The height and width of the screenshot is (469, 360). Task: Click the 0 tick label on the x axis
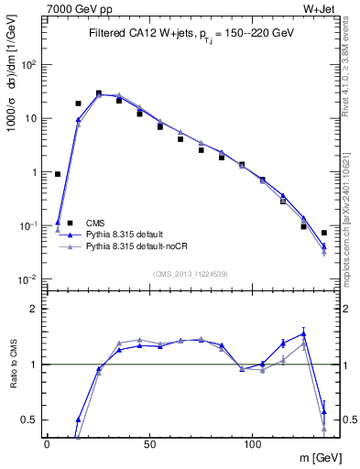(47, 442)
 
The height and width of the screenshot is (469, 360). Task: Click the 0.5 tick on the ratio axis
(28, 420)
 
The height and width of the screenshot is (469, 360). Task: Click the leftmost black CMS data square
(58, 173)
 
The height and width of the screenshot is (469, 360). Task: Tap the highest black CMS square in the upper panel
(99, 93)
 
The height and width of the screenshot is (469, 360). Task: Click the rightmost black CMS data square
(324, 233)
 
